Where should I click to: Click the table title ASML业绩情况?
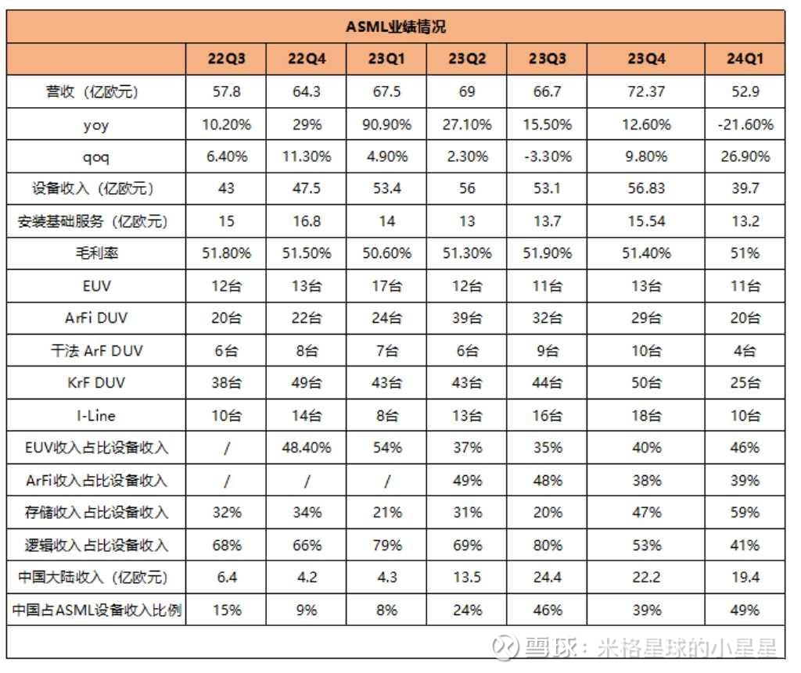[x=396, y=27]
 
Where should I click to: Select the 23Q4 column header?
[x=645, y=59]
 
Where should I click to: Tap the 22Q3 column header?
[x=225, y=59]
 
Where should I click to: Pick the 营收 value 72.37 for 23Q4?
[x=645, y=91]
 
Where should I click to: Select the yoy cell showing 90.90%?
[x=386, y=124]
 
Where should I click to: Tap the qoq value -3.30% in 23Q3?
[x=546, y=156]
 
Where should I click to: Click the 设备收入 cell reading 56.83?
[x=645, y=189]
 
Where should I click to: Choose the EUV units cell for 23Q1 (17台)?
[x=386, y=286]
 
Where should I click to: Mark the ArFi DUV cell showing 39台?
[x=466, y=318]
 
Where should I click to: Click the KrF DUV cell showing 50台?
[x=645, y=383]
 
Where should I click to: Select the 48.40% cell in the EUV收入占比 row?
[x=306, y=448]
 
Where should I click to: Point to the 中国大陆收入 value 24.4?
[x=546, y=578]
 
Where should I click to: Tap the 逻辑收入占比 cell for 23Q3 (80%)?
[x=546, y=545]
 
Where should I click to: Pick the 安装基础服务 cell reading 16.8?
[x=306, y=221]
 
